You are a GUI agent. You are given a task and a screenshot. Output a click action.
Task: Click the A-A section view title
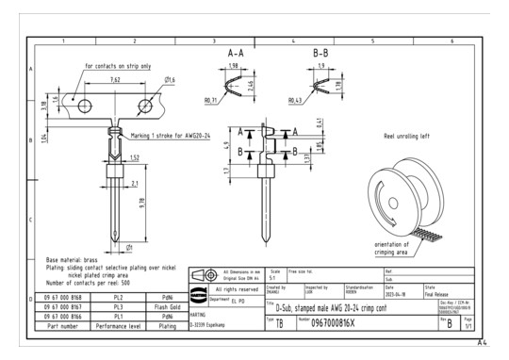pyautogui.click(x=237, y=56)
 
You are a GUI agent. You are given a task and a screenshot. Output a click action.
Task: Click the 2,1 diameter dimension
pyautogui.click(x=136, y=184)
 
